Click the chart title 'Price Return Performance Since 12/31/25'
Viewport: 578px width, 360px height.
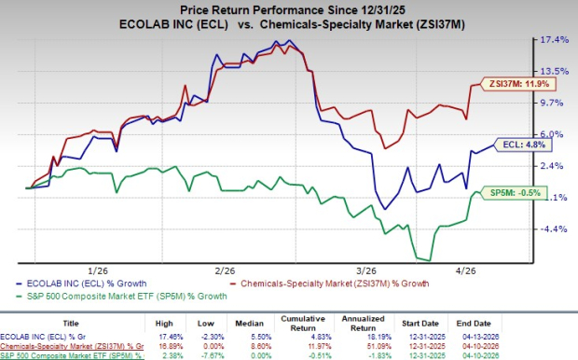tap(289, 8)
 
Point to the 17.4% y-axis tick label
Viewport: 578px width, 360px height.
tap(544, 40)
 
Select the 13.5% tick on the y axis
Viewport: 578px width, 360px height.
tap(544, 72)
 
